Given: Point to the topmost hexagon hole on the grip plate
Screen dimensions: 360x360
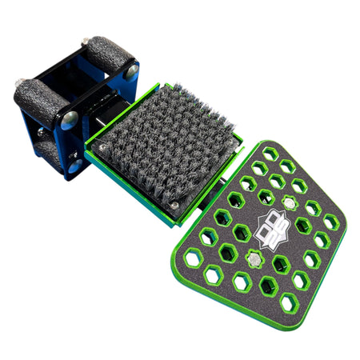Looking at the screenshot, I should pos(270,153).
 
